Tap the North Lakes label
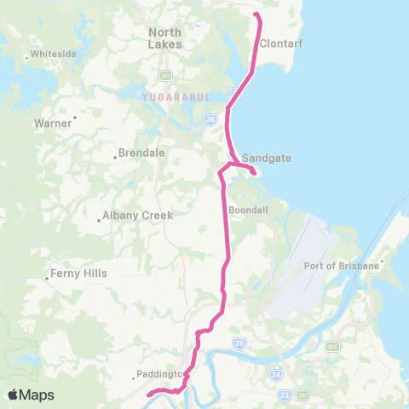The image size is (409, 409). [x=165, y=37]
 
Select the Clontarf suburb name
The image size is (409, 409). [x=280, y=43]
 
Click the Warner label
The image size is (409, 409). [x=53, y=123]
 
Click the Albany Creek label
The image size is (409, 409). [x=137, y=216]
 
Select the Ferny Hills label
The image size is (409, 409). [x=76, y=274]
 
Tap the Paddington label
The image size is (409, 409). [x=158, y=374]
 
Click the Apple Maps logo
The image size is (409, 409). [x=32, y=395]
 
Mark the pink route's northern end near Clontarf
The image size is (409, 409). [x=257, y=14]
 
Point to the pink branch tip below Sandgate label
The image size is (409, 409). [x=255, y=173]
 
